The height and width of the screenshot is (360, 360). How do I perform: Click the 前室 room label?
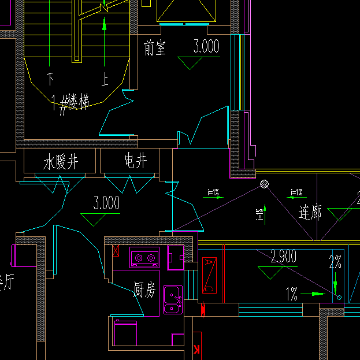pos(155,49)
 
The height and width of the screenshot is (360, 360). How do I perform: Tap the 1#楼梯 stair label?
pos(70,104)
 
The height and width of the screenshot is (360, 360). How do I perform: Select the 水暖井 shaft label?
pos(61,162)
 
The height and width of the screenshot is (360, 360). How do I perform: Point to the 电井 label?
pos(135,161)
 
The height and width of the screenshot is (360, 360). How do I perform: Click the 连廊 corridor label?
pos(310,213)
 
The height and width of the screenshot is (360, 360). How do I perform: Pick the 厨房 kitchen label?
pos(144,290)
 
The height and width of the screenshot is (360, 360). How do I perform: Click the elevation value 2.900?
pos(284,257)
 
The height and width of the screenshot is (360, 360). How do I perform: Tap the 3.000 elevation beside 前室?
pos(206,47)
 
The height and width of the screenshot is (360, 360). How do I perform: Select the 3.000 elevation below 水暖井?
pos(106,203)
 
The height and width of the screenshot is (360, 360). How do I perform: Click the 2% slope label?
pos(335,262)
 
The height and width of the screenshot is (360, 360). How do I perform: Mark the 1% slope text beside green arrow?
pos(292,295)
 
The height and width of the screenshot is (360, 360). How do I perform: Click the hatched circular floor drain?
pos(264,185)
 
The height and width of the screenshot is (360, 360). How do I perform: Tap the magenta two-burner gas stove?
pos(144,257)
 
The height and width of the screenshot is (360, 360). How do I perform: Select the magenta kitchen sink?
pos(172,299)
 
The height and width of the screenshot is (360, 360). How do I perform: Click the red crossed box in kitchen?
pos(116,251)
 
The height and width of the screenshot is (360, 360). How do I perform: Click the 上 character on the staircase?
pos(105,79)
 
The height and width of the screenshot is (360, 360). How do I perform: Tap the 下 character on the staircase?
pos(51,77)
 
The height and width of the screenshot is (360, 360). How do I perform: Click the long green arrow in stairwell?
pos(104,43)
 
